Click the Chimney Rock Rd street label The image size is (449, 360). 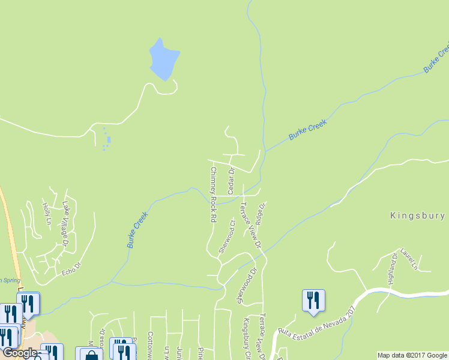pyautogui.click(x=212, y=195)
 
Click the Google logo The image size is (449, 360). pyautogui.click(x=20, y=353)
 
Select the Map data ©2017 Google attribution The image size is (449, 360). pyautogui.click(x=412, y=355)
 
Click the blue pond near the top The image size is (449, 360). pyautogui.click(x=163, y=59)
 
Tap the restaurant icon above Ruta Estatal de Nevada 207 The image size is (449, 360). pyautogui.click(x=313, y=300)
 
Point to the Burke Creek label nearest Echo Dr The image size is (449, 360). pyautogui.click(x=137, y=230)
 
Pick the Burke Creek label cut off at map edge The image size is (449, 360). pyautogui.click(x=436, y=58)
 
